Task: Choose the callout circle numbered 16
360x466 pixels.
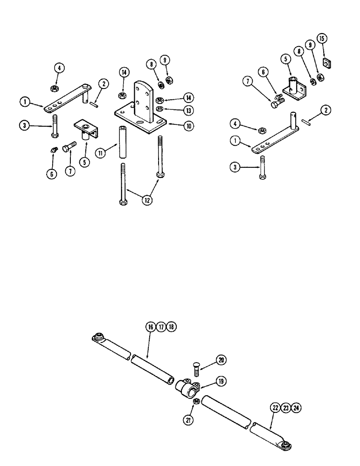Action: (151, 327)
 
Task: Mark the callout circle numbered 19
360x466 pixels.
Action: (221, 381)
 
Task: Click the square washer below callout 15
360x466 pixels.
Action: (328, 62)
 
